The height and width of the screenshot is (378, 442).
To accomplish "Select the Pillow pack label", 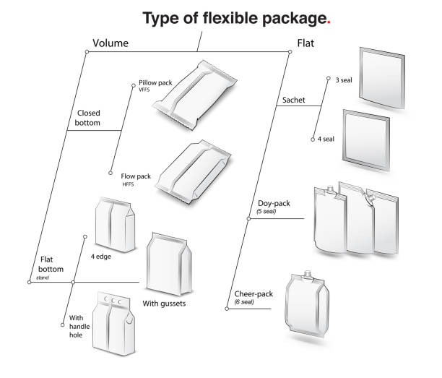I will (x=155, y=83).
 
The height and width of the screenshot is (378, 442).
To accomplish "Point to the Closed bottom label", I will (x=88, y=118).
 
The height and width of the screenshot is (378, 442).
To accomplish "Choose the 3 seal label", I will (x=344, y=80).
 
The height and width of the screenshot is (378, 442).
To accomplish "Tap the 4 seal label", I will (x=326, y=139).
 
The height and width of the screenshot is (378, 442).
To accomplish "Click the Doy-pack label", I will (x=274, y=204).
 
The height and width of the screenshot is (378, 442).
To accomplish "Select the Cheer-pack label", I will (x=253, y=294).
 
